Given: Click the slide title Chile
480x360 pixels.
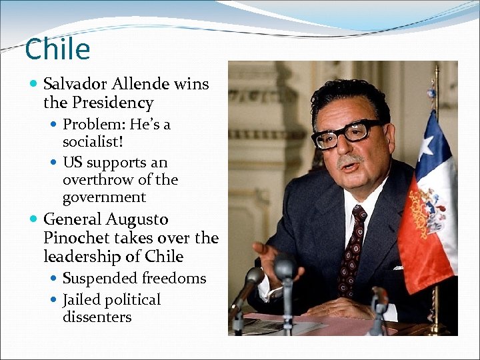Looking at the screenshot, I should pyautogui.click(x=57, y=49).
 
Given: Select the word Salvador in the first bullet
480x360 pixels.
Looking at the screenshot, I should pyautogui.click(x=74, y=85).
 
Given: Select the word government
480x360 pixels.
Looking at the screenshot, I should pyautogui.click(x=104, y=198).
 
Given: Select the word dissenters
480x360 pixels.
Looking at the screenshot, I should pyautogui.click(x=97, y=317).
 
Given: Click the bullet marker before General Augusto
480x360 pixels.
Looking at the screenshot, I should pyautogui.click(x=34, y=220).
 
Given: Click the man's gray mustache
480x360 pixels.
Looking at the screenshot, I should pyautogui.click(x=351, y=160).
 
